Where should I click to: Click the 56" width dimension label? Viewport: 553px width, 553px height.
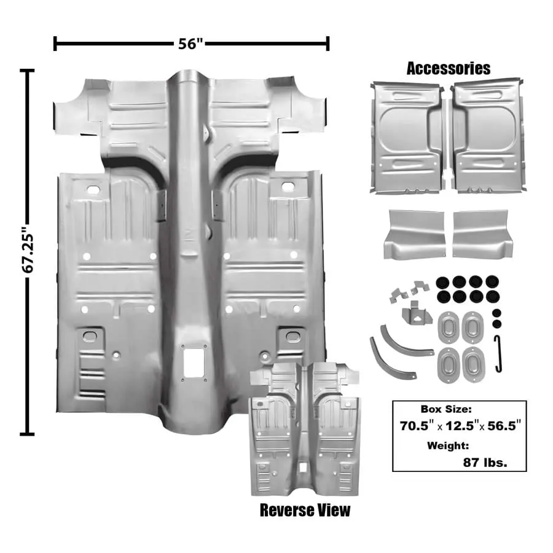click(x=191, y=44)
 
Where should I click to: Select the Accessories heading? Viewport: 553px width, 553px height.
click(x=449, y=68)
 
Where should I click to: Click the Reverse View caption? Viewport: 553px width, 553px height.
click(x=305, y=510)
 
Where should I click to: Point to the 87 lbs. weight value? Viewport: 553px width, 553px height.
click(x=485, y=463)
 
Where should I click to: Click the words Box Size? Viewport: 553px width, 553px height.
click(x=445, y=409)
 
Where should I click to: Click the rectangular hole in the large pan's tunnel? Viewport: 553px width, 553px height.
click(x=193, y=364)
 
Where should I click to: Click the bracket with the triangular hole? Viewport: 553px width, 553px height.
click(x=416, y=314)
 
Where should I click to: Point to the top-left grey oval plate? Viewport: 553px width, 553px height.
click(x=450, y=326)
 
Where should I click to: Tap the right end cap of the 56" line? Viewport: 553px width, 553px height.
click(x=328, y=44)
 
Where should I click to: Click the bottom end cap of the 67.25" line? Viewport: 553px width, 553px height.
click(x=26, y=434)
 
